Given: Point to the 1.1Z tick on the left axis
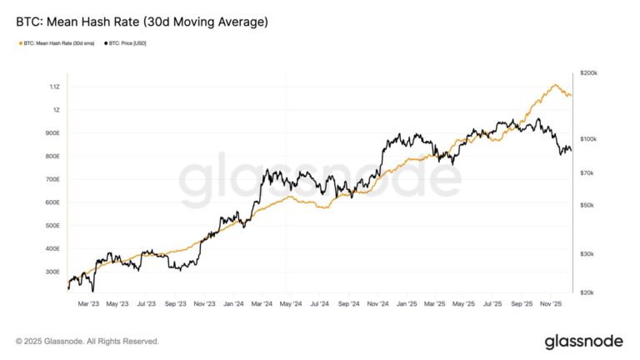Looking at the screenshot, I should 53,87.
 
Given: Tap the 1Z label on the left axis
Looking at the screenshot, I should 55,110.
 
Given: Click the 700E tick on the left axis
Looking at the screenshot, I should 52,179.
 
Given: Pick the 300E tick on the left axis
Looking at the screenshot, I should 52,272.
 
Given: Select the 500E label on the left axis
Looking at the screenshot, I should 52,226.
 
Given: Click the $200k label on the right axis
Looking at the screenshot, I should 588,73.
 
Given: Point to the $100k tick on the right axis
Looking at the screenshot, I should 588,138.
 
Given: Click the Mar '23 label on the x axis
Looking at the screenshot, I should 88,304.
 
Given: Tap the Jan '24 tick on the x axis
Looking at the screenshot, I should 233,304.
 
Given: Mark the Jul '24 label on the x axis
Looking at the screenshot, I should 320,304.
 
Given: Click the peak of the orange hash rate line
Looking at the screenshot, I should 554,85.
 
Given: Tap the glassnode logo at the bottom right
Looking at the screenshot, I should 583,341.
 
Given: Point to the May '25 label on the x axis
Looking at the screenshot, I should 464,304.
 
